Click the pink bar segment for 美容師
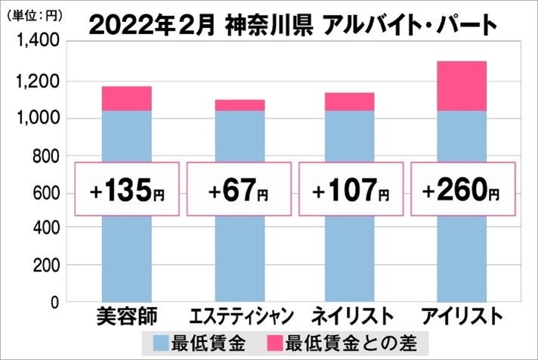click(x=126, y=98)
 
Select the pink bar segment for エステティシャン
click(x=238, y=105)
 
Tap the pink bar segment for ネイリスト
click(x=349, y=101)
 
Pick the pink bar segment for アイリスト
click(x=461, y=85)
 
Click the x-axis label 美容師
click(x=126, y=314)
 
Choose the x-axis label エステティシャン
click(x=238, y=314)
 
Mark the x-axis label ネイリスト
click(x=350, y=314)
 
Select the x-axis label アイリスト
click(x=462, y=314)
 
